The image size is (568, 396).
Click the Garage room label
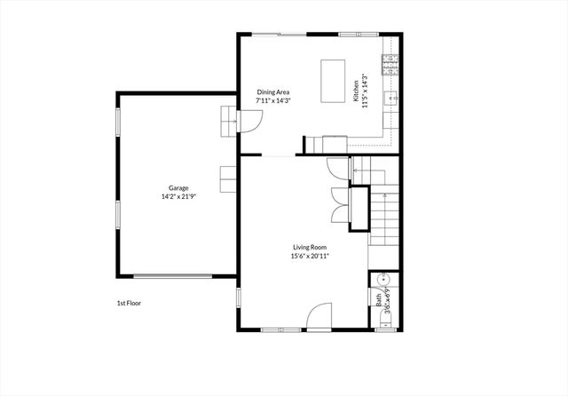[178, 188]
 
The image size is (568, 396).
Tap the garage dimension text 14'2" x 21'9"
[178, 196]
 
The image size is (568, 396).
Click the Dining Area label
[273, 92]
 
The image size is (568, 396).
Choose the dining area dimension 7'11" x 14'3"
[273, 100]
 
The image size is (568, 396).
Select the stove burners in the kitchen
[389, 64]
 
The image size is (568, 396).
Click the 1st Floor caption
[129, 303]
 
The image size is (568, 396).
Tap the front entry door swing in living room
[319, 316]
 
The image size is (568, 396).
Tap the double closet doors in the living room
[337, 205]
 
